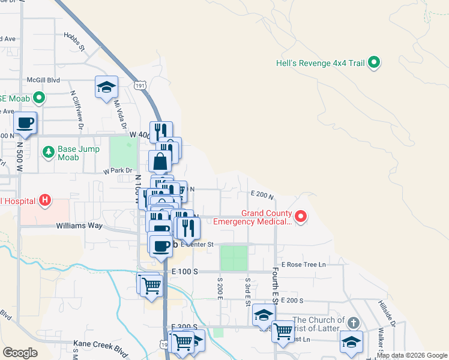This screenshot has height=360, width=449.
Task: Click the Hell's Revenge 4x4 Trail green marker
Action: point(374,62)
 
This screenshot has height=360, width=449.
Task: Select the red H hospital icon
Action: point(44,200)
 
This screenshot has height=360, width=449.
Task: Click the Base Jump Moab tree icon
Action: point(48,152)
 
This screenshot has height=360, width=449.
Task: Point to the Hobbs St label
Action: point(74,42)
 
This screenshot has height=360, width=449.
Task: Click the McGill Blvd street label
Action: point(43,79)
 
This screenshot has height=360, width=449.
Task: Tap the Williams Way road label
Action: point(80,226)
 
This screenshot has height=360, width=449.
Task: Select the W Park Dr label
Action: point(116,170)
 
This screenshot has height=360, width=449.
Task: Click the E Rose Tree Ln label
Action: point(303,264)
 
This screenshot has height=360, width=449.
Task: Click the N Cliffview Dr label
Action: point(76,110)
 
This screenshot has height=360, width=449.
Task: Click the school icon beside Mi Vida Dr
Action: point(106,87)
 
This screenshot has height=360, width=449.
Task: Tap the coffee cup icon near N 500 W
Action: point(25,123)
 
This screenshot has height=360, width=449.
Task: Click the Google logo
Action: point(20,352)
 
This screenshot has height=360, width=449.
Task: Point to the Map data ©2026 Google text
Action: point(411,355)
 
